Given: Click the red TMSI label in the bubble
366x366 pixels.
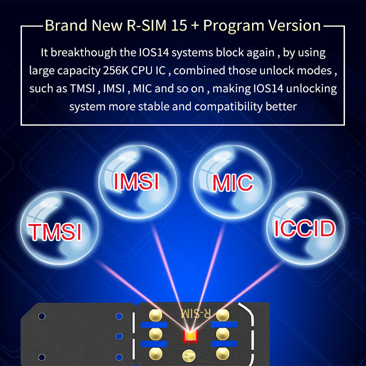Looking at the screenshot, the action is (55, 231).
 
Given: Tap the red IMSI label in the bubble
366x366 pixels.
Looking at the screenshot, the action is (136, 181).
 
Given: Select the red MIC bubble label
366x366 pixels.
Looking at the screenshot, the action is (233, 183).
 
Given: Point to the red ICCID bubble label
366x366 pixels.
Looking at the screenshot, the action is (305, 228).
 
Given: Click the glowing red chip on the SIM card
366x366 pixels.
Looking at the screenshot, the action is (190, 336).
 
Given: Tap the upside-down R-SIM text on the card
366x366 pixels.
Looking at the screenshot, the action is (196, 314).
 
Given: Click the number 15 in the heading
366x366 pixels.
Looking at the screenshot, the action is (179, 25).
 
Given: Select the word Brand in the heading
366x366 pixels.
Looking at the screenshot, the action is (66, 25).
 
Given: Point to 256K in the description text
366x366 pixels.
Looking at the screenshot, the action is (116, 70).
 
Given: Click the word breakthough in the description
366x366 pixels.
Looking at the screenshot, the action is (84, 52).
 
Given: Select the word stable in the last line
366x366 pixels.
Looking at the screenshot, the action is (154, 107).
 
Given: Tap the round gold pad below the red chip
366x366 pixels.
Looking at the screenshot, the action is (189, 355).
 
